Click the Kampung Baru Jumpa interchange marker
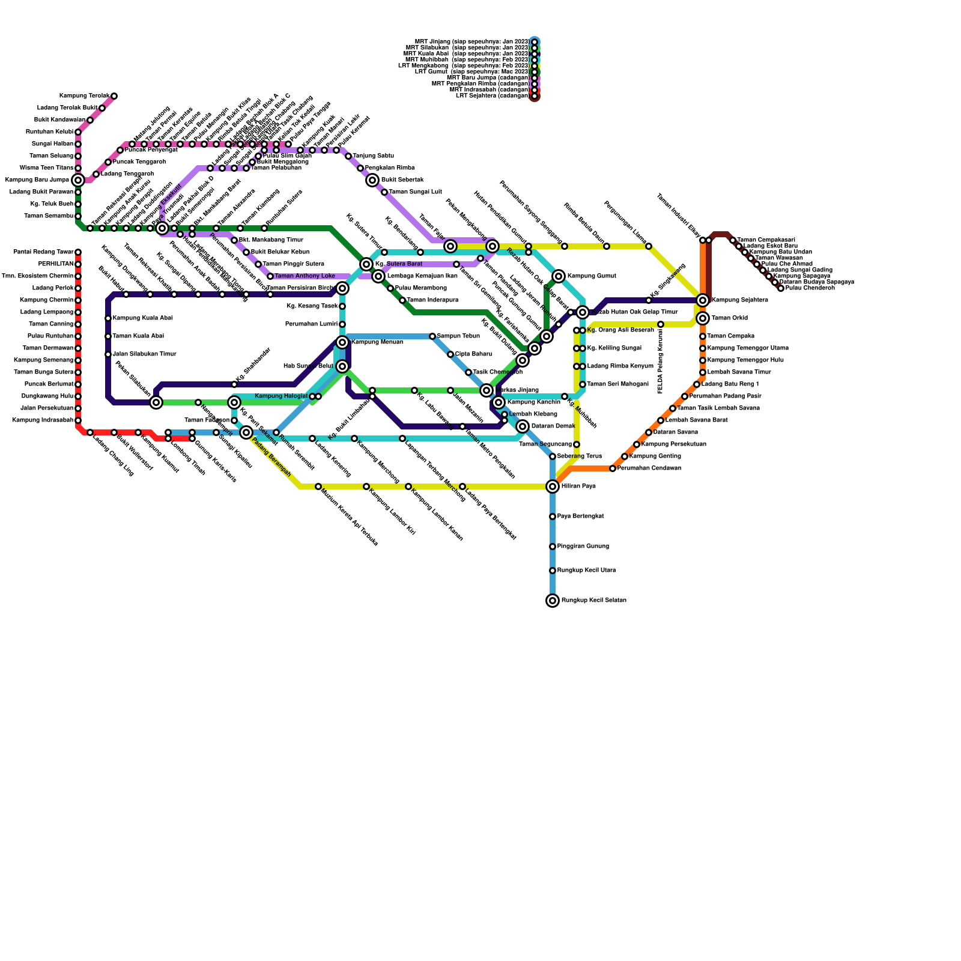point(78,180)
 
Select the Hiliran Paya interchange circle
point(553,487)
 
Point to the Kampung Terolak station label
point(84,96)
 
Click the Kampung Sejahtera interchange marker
point(703,300)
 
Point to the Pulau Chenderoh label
point(810,288)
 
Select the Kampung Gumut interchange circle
point(559,276)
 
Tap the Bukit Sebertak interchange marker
point(372,180)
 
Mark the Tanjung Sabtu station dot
point(348,156)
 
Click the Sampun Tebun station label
point(458,336)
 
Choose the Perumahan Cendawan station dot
point(613,468)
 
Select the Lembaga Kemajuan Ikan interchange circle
point(378,276)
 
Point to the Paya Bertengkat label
point(580,517)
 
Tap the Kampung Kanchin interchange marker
point(499,402)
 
